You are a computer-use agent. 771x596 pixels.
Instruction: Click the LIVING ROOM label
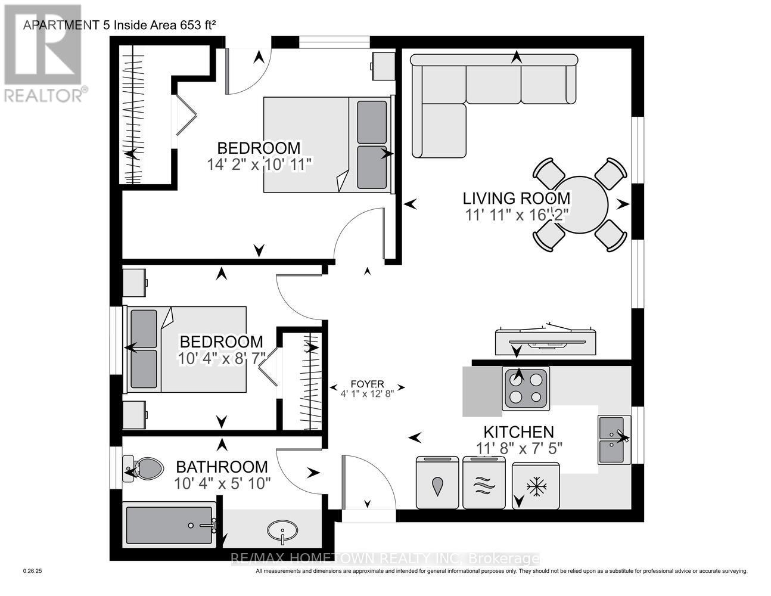517,198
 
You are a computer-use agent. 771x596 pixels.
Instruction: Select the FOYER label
367,384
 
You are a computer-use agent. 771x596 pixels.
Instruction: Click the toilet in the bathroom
144,468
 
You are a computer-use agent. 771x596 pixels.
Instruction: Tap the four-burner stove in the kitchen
527,388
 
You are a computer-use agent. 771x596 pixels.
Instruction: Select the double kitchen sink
614,439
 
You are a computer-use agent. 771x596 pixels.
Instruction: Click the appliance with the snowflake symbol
536,486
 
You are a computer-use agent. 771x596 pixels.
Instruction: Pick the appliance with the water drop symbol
437,483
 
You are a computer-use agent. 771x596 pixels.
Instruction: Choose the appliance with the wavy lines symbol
484,483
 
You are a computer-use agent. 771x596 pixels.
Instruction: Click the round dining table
578,204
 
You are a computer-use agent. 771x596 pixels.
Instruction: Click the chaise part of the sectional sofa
439,131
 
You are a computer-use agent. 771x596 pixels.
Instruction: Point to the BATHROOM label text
221,467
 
